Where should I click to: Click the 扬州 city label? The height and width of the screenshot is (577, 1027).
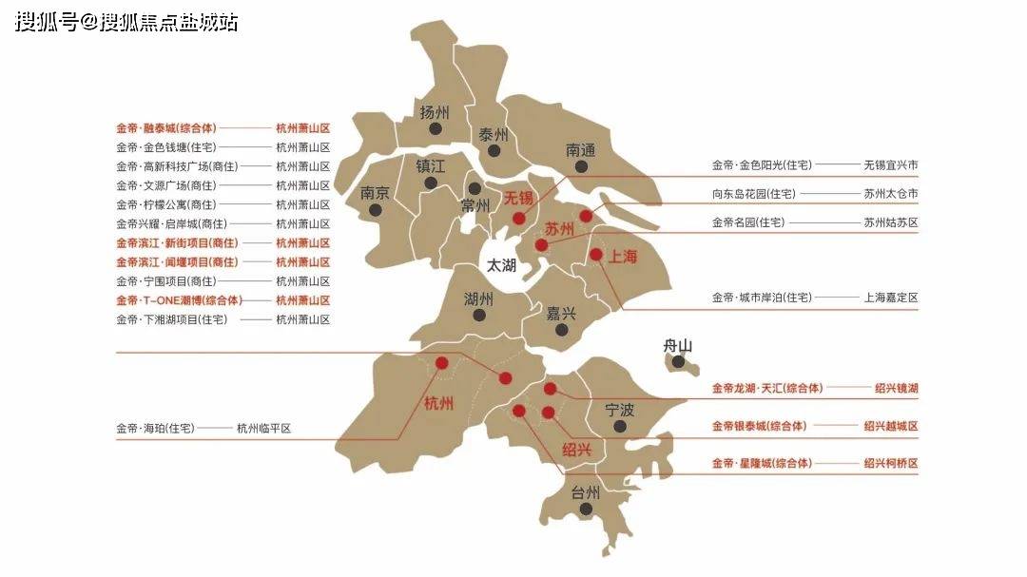click(x=434, y=111)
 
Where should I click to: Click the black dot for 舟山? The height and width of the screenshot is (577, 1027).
click(x=678, y=361)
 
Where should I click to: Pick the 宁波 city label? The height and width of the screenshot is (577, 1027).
click(x=620, y=411)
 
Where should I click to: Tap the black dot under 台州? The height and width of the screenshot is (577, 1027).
click(x=586, y=510)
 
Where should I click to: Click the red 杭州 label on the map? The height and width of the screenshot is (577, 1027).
click(x=438, y=403)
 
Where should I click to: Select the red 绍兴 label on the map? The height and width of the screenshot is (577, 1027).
click(x=576, y=450)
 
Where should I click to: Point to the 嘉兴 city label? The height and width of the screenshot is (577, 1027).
click(x=561, y=313)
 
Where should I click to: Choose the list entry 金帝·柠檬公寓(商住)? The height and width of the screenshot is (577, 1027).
click(x=166, y=204)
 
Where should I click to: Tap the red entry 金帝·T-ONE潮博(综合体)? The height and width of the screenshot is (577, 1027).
click(x=179, y=300)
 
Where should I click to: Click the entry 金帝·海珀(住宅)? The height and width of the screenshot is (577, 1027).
click(x=155, y=429)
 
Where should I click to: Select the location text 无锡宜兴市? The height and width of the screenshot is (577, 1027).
click(x=890, y=165)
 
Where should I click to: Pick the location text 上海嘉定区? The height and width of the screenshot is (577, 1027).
click(x=890, y=298)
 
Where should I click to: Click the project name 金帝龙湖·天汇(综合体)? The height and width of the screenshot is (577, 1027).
click(x=767, y=388)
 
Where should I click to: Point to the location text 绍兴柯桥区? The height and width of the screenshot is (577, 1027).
click(x=890, y=464)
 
